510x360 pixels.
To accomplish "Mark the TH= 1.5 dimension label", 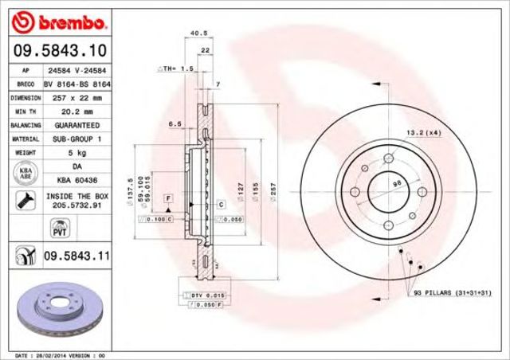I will point(176,69).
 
